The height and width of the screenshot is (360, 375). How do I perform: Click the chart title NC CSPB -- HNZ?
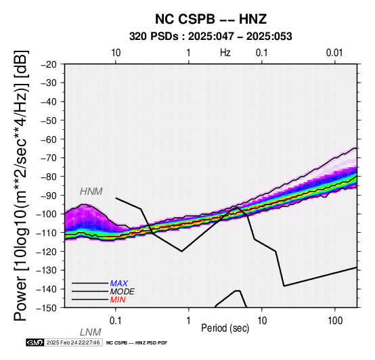click(x=211, y=19)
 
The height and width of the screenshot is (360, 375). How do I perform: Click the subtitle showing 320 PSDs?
click(x=211, y=37)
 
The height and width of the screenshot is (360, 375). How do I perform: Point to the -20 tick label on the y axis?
click(x=49, y=64)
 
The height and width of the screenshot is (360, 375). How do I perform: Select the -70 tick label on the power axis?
click(x=49, y=158)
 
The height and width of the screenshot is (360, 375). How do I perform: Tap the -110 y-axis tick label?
click(x=47, y=232)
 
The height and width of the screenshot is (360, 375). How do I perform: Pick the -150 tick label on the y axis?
click(x=47, y=308)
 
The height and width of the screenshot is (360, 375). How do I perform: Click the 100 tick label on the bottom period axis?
click(x=335, y=321)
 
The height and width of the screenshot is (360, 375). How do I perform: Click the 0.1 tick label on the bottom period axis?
click(x=115, y=321)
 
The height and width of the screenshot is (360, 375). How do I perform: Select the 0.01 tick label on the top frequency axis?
click(x=334, y=53)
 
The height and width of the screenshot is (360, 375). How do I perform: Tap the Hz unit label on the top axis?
click(x=225, y=53)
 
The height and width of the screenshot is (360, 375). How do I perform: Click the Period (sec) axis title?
click(x=225, y=328)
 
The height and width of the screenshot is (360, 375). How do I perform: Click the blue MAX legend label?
click(x=119, y=284)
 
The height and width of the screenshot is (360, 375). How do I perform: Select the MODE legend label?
click(x=123, y=292)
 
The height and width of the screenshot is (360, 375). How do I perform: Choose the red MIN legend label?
click(x=118, y=300)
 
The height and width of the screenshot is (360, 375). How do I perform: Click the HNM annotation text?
click(x=91, y=192)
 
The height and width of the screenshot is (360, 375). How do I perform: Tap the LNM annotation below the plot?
click(x=91, y=332)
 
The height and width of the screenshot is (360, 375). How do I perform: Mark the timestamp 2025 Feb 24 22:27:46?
click(x=73, y=342)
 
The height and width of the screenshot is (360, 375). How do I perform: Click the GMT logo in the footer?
click(x=35, y=342)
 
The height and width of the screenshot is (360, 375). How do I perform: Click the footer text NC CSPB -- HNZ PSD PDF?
click(x=137, y=343)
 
